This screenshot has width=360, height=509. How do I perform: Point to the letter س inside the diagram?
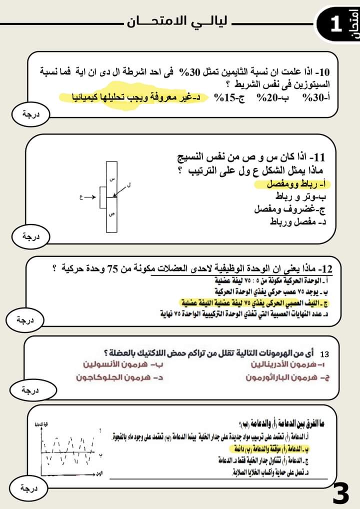[112, 178]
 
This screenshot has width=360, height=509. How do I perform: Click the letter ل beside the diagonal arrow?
[129, 185]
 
